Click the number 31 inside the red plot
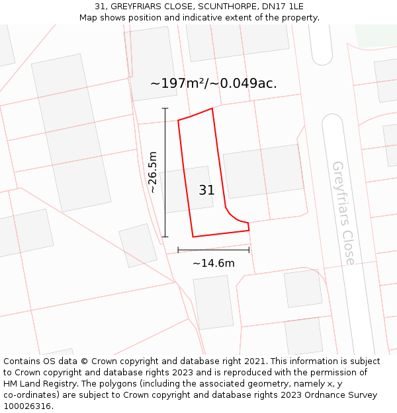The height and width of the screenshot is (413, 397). coord(206,190)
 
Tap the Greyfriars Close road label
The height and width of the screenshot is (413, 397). coord(343,212)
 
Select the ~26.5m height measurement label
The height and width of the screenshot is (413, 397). coord(153,172)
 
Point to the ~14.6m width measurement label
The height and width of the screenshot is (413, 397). coord(213,263)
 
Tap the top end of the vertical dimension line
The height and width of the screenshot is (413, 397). coord(165,108)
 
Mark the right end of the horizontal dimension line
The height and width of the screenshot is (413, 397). coord(249,250)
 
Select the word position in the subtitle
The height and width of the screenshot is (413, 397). coord(142,18)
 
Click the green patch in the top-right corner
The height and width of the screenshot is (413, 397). coord(375,34)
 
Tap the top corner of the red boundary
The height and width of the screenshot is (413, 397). coord(212,108)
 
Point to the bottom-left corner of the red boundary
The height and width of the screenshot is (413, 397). coord(193,237)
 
